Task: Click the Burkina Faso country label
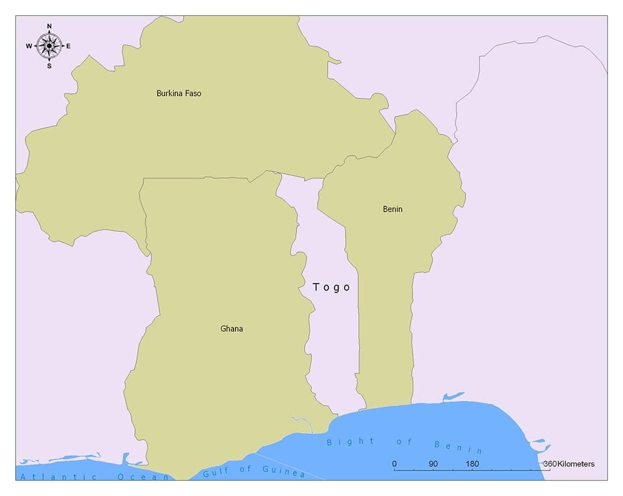[x=179, y=93]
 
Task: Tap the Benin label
[x=392, y=209]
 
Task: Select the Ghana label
[x=232, y=329]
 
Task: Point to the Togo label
[x=331, y=287]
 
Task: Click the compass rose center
[x=49, y=45]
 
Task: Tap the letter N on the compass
[x=49, y=26]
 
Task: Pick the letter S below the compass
[x=49, y=65]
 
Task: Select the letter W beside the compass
[x=29, y=46]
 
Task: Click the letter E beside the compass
[x=69, y=46]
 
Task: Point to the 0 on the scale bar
[x=394, y=464]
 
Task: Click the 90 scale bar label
[x=434, y=464]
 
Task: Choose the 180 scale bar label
[x=472, y=464]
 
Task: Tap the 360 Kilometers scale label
[x=568, y=464]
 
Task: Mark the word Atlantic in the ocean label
[x=59, y=477]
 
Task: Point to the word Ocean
[x=143, y=477]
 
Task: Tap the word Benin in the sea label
[x=458, y=447]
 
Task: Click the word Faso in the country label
[x=193, y=93]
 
